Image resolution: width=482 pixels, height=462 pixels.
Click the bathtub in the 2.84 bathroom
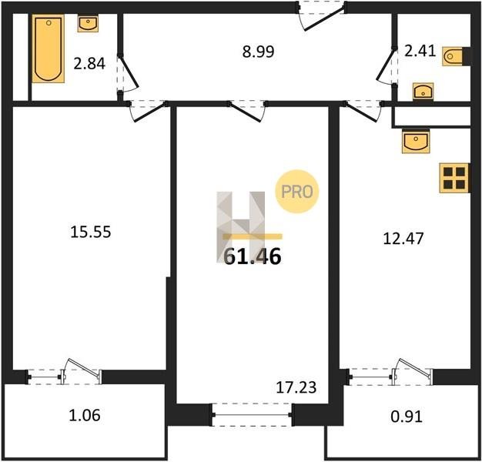pos(49,49)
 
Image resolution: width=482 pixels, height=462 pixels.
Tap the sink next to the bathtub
pos(88,23)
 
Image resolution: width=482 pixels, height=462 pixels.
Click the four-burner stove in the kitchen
pos(454,179)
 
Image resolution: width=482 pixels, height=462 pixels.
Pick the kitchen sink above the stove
pos(416,142)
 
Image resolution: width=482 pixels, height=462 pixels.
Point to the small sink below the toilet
pos(423,92)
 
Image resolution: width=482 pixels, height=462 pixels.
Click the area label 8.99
pos(258,52)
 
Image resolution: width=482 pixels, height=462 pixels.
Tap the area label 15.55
pos(91,232)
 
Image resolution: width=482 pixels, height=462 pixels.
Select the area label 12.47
pos(403,238)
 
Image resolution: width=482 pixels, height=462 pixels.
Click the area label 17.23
pos(296,387)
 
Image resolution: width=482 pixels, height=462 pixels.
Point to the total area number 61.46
pos(253,256)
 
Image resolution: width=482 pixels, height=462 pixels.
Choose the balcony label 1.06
pos(85,415)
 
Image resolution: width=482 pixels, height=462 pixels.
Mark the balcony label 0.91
pos(407,417)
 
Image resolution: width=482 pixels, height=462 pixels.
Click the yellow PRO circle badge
pos(297,192)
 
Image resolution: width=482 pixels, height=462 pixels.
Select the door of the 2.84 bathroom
pos(129,74)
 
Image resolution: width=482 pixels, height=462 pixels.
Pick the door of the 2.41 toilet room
pos(386,66)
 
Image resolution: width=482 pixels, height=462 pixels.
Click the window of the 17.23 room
pos(252,415)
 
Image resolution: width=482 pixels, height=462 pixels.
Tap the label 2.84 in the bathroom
pos(89,64)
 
